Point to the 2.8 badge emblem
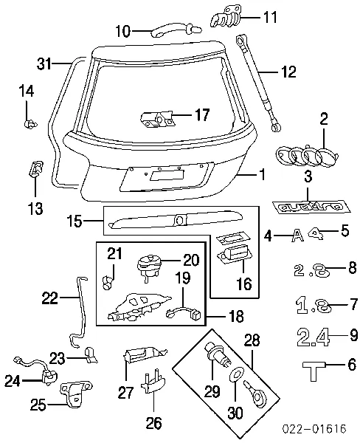click(x=308, y=271)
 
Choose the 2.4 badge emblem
click(x=314, y=337)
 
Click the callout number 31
click(x=45, y=63)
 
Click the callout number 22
click(x=49, y=298)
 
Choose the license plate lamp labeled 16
click(x=232, y=255)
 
